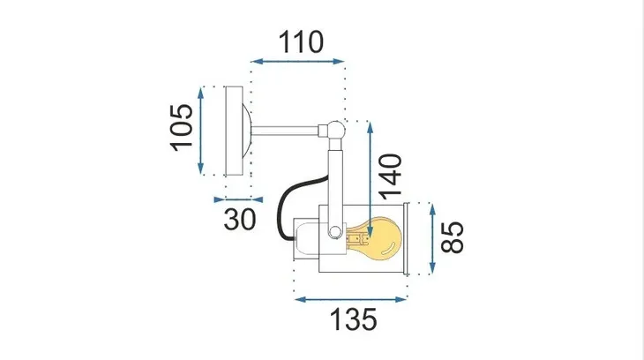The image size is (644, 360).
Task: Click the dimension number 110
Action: (x=301, y=41)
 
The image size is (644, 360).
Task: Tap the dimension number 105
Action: (x=181, y=130)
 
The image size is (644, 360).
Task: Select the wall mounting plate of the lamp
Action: (x=236, y=131)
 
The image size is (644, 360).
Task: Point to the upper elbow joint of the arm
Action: (x=333, y=131)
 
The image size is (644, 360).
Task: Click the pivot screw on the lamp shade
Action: (x=334, y=233)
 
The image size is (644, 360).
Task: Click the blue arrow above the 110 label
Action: (x=298, y=63)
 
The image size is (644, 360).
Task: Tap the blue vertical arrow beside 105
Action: (x=203, y=130)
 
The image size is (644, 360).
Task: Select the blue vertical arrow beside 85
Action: (x=431, y=239)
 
